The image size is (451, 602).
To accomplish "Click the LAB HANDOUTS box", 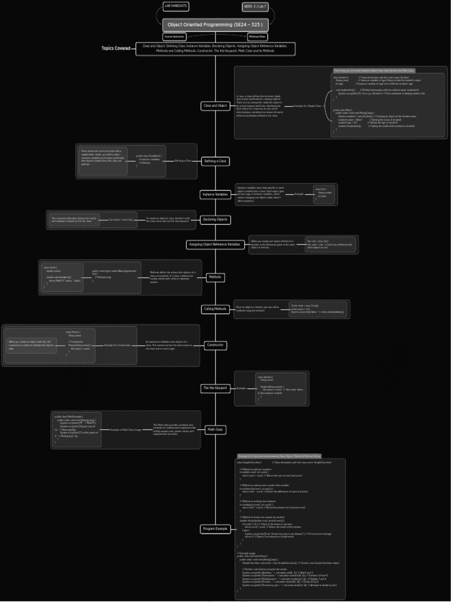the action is tap(176, 6).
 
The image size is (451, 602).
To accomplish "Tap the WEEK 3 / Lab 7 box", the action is tap(255, 7).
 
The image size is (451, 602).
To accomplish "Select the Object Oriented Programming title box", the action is tap(216, 25).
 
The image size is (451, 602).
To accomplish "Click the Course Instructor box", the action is tap(174, 36).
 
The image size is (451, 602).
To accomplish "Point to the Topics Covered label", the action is tap(116, 49).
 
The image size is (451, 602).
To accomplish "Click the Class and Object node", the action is tap(215, 106).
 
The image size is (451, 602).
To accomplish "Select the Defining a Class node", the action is tap(215, 160).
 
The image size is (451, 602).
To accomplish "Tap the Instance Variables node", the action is tap(216, 194).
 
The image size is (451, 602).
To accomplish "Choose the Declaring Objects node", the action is tap(215, 220).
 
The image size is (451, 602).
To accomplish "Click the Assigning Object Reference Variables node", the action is tap(215, 245).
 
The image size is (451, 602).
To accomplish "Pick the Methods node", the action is tap(216, 277).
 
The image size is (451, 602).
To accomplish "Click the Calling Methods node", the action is tap(215, 309).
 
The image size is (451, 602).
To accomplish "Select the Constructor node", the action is tap(215, 345).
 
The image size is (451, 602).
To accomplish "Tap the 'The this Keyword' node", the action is tap(215, 388).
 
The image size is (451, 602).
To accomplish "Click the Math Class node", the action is tap(215, 430).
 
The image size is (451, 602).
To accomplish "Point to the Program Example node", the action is tap(215, 529).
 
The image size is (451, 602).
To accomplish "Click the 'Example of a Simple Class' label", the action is tap(307, 106).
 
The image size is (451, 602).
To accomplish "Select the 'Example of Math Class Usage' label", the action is tap(126, 430).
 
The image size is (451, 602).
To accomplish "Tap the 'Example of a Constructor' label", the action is tap(117, 345).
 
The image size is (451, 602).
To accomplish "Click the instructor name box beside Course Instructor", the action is tap(257, 36).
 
